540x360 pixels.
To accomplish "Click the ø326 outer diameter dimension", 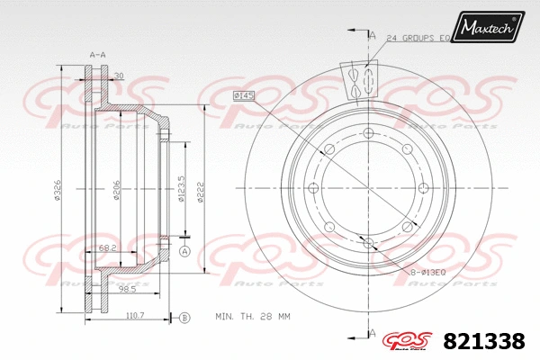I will click(58, 191).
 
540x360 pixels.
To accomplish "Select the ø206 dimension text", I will click(117, 191).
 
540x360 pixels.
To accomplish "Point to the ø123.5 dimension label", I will click(182, 189).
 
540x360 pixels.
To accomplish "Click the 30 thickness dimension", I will click(119, 76).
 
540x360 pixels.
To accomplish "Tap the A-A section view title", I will click(98, 55).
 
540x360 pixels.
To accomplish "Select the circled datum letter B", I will click(184, 317).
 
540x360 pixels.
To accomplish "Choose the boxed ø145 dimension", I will click(244, 95).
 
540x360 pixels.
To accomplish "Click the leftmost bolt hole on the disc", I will click(313, 187).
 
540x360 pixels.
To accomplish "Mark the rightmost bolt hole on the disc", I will click(422, 187).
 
